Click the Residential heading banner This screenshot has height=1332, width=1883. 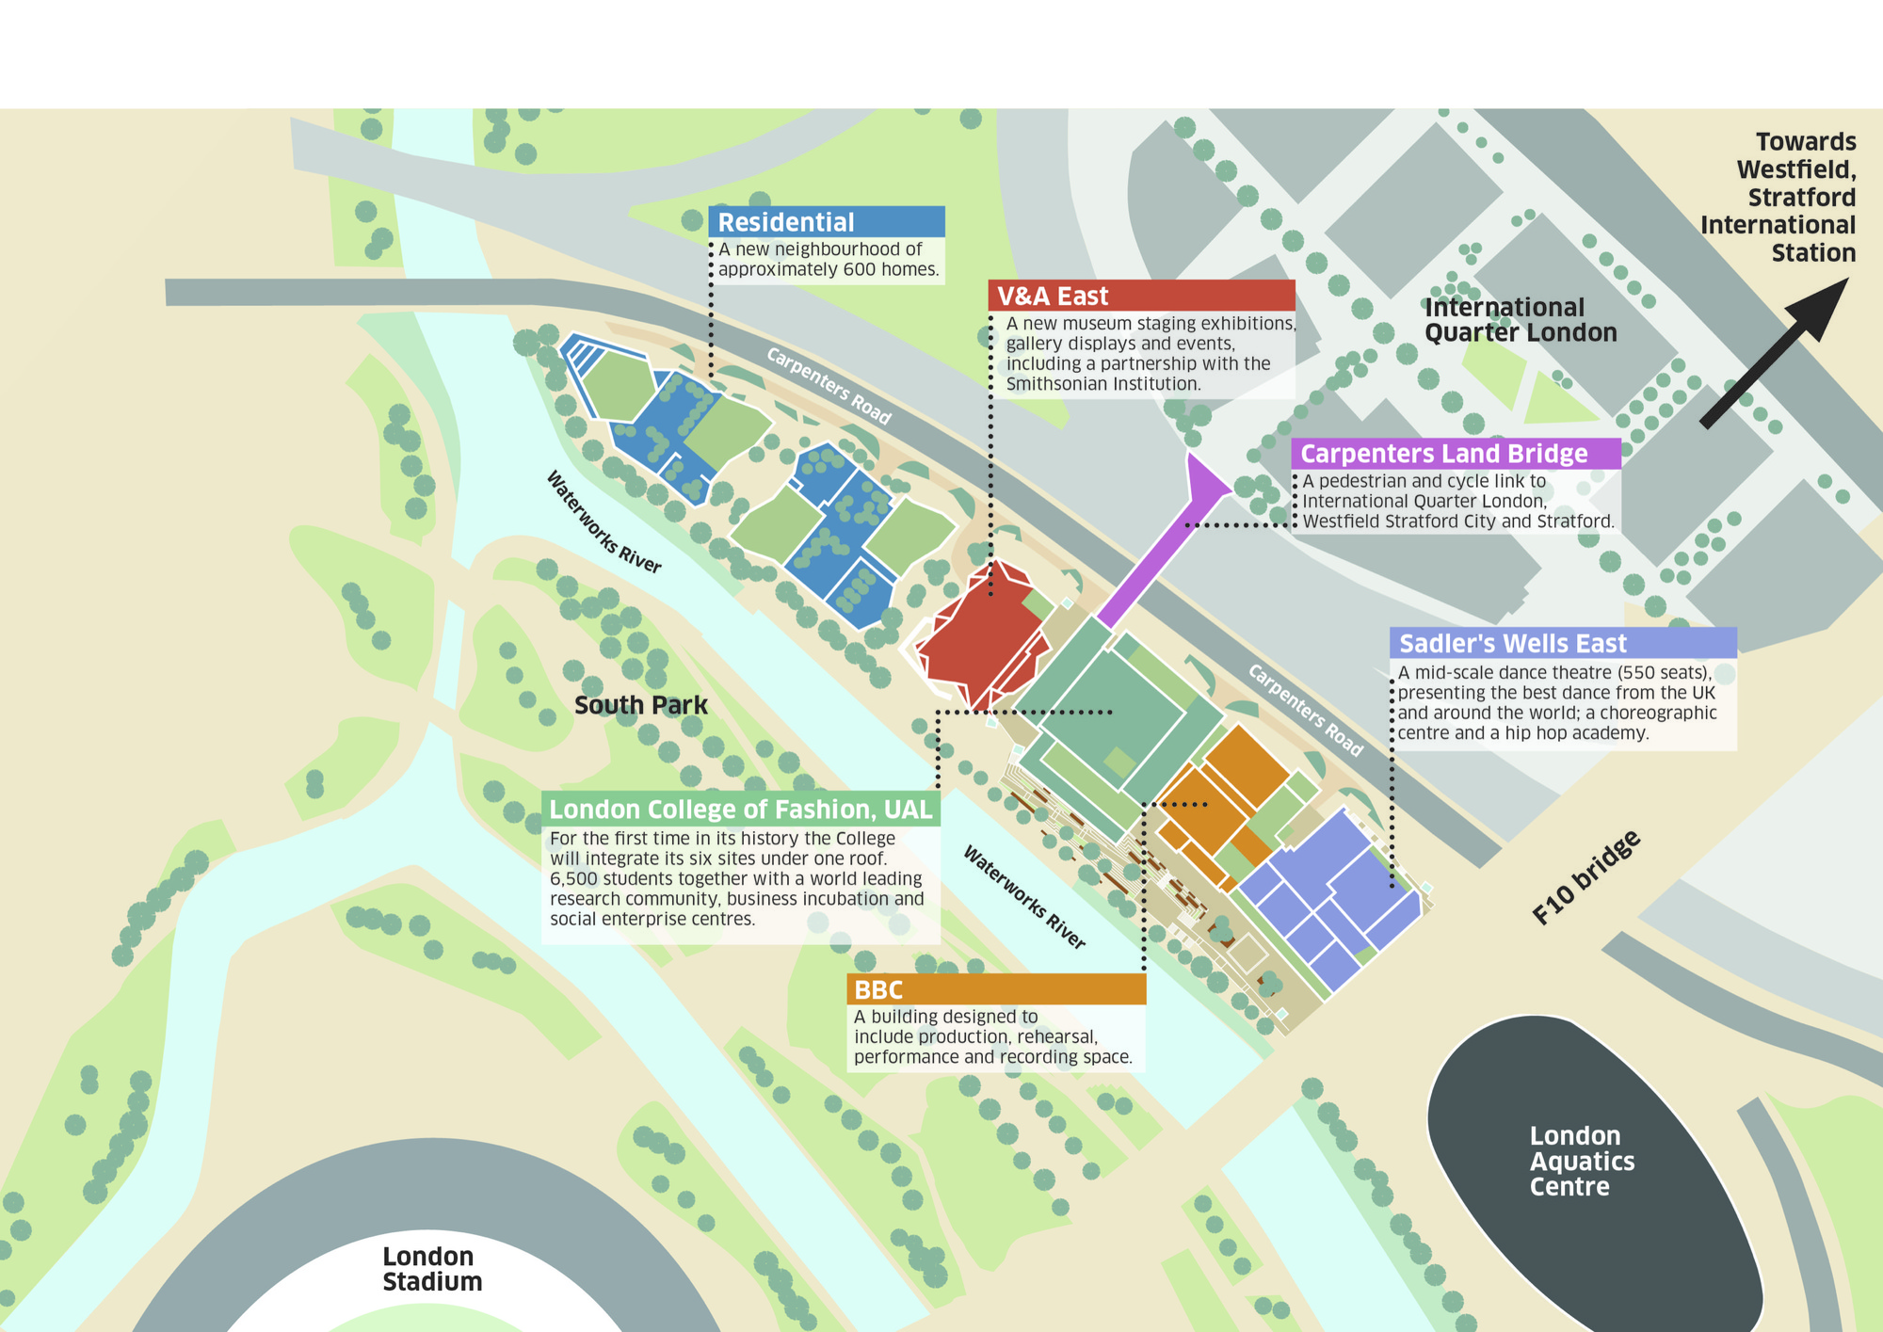point(826,222)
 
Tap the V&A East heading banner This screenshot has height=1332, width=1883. point(1141,296)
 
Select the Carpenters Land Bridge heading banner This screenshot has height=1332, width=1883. point(1455,454)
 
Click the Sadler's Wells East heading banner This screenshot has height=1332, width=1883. point(1563,643)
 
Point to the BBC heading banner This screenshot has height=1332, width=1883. point(996,989)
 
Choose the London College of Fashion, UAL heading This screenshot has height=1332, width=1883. point(741,810)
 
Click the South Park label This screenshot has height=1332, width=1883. point(640,705)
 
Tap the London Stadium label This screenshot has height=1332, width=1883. point(432,1269)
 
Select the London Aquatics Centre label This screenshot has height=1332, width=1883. point(1582,1161)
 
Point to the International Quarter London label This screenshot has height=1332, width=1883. point(1520,320)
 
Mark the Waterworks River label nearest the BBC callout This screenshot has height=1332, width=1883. point(1024,897)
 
